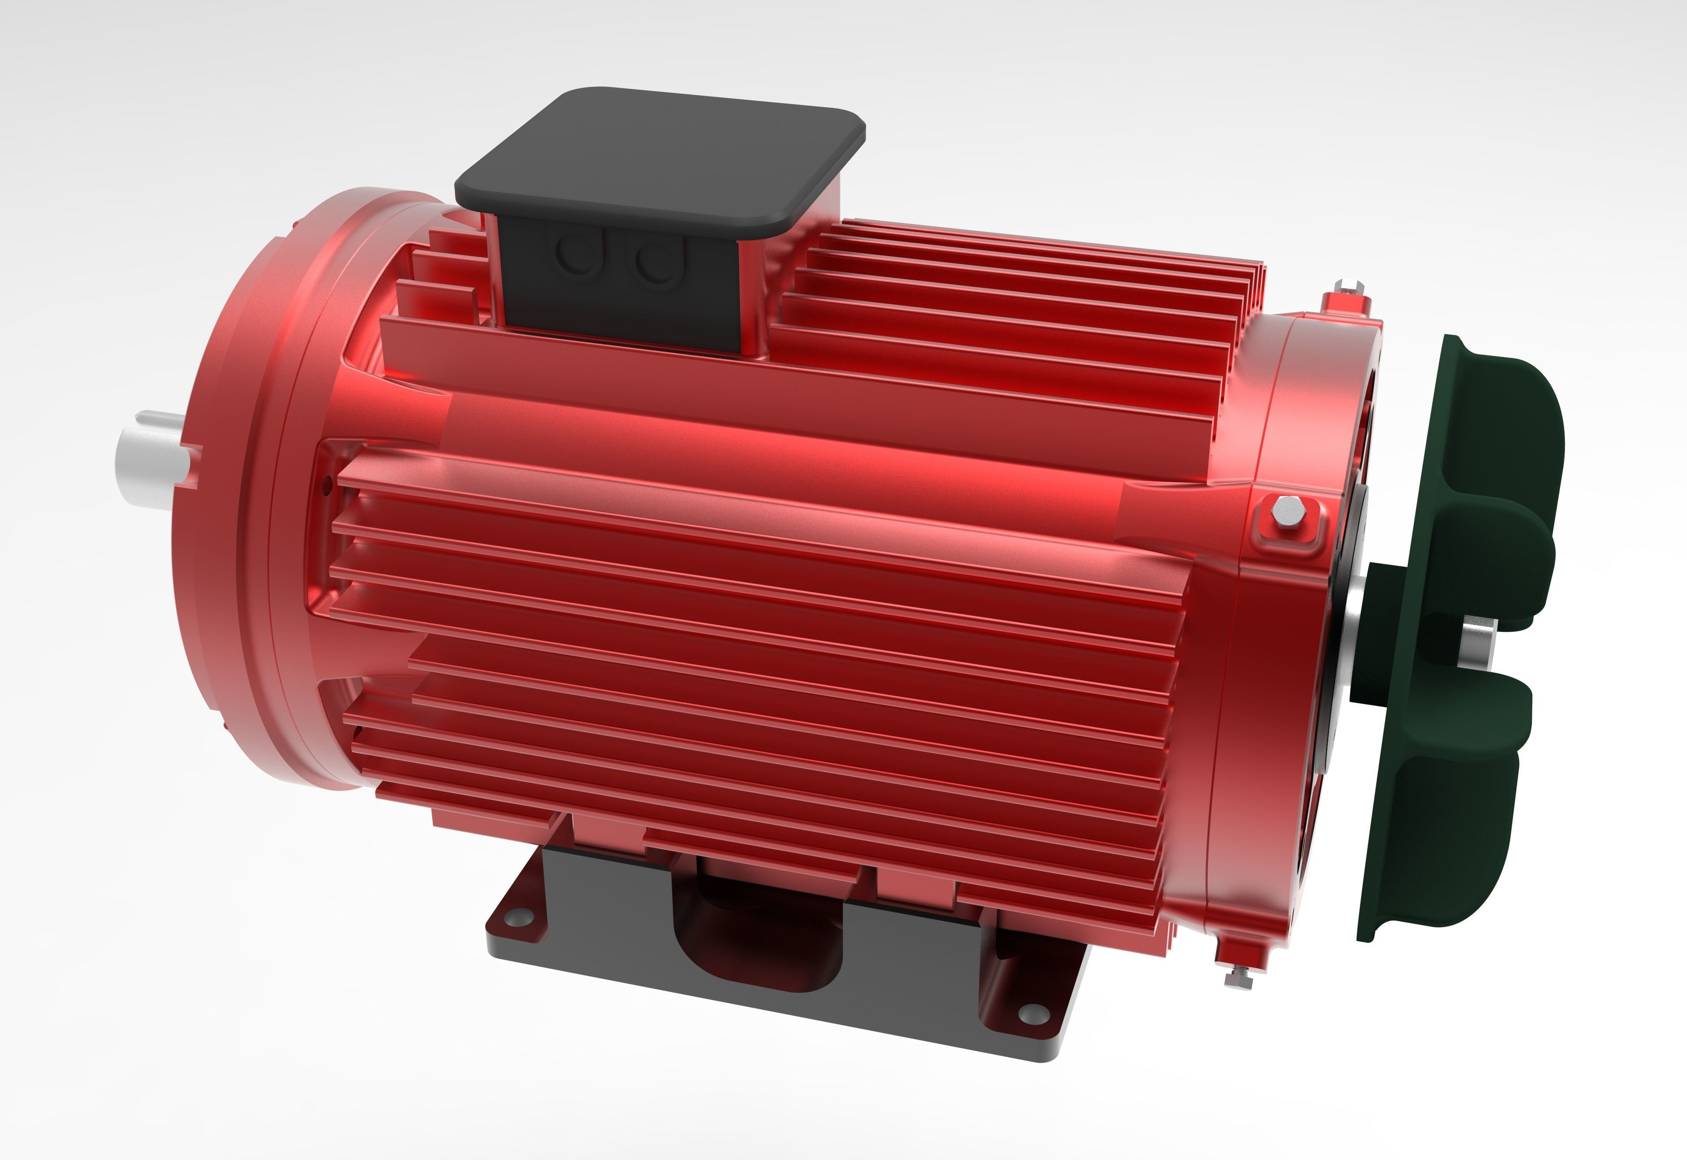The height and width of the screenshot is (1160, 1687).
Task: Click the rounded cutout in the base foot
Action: [756, 938]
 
